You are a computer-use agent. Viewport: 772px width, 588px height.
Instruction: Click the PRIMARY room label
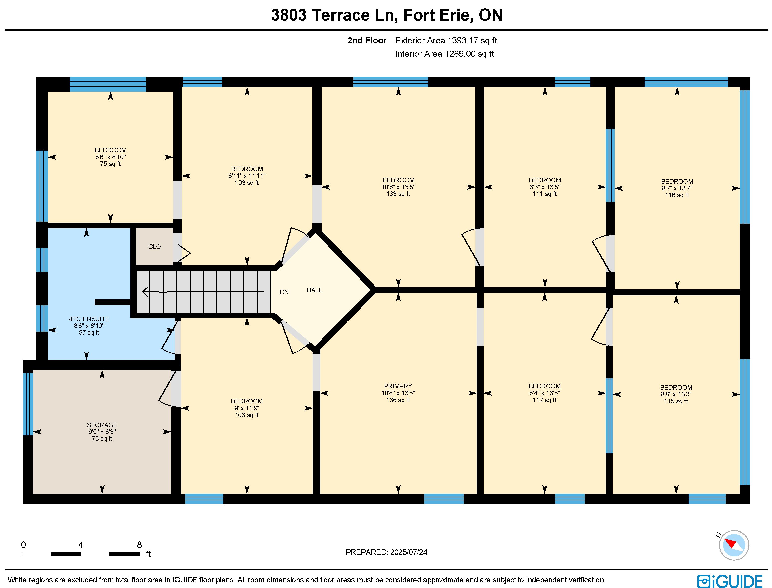(x=398, y=386)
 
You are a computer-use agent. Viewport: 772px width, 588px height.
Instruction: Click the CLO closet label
(x=154, y=247)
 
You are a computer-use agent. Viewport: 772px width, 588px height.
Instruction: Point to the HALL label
(x=314, y=290)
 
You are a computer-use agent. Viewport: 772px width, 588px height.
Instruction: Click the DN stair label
(x=284, y=292)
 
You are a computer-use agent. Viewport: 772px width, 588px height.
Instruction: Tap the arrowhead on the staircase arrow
(x=145, y=292)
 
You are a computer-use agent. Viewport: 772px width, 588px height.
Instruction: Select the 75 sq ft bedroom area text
(x=110, y=164)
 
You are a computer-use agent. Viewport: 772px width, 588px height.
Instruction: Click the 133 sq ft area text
(x=398, y=194)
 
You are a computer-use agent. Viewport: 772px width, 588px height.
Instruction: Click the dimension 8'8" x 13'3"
(x=676, y=394)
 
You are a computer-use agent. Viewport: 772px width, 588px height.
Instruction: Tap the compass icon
(x=734, y=545)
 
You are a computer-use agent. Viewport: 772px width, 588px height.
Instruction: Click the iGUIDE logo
(x=730, y=581)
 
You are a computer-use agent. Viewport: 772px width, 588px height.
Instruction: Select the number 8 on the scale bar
(x=139, y=545)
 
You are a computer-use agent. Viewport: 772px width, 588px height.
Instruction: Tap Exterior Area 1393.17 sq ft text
(x=446, y=41)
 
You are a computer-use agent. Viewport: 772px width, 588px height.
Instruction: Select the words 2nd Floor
(x=367, y=41)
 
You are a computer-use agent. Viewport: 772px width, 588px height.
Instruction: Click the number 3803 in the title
(x=289, y=15)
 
